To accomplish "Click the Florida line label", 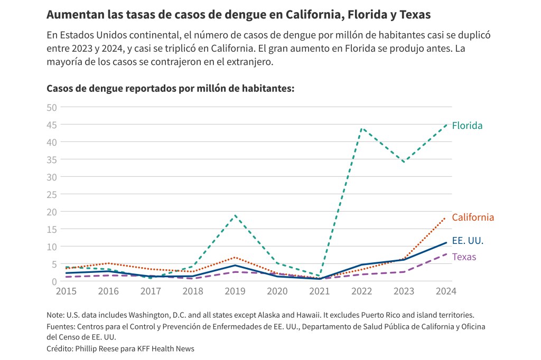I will pos(467,126).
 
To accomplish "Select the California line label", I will pos(473,217).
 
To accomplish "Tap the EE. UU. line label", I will pos(468,241).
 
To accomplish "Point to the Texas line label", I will pos(464,257).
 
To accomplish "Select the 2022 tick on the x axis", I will pos(362,291).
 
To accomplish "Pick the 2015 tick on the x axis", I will pos(66,291).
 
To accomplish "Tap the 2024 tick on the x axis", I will pos(446,291).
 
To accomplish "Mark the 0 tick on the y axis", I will pos(54,281).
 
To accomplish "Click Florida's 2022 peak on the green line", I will pos(362,128).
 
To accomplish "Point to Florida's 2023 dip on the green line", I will pos(404,162).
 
